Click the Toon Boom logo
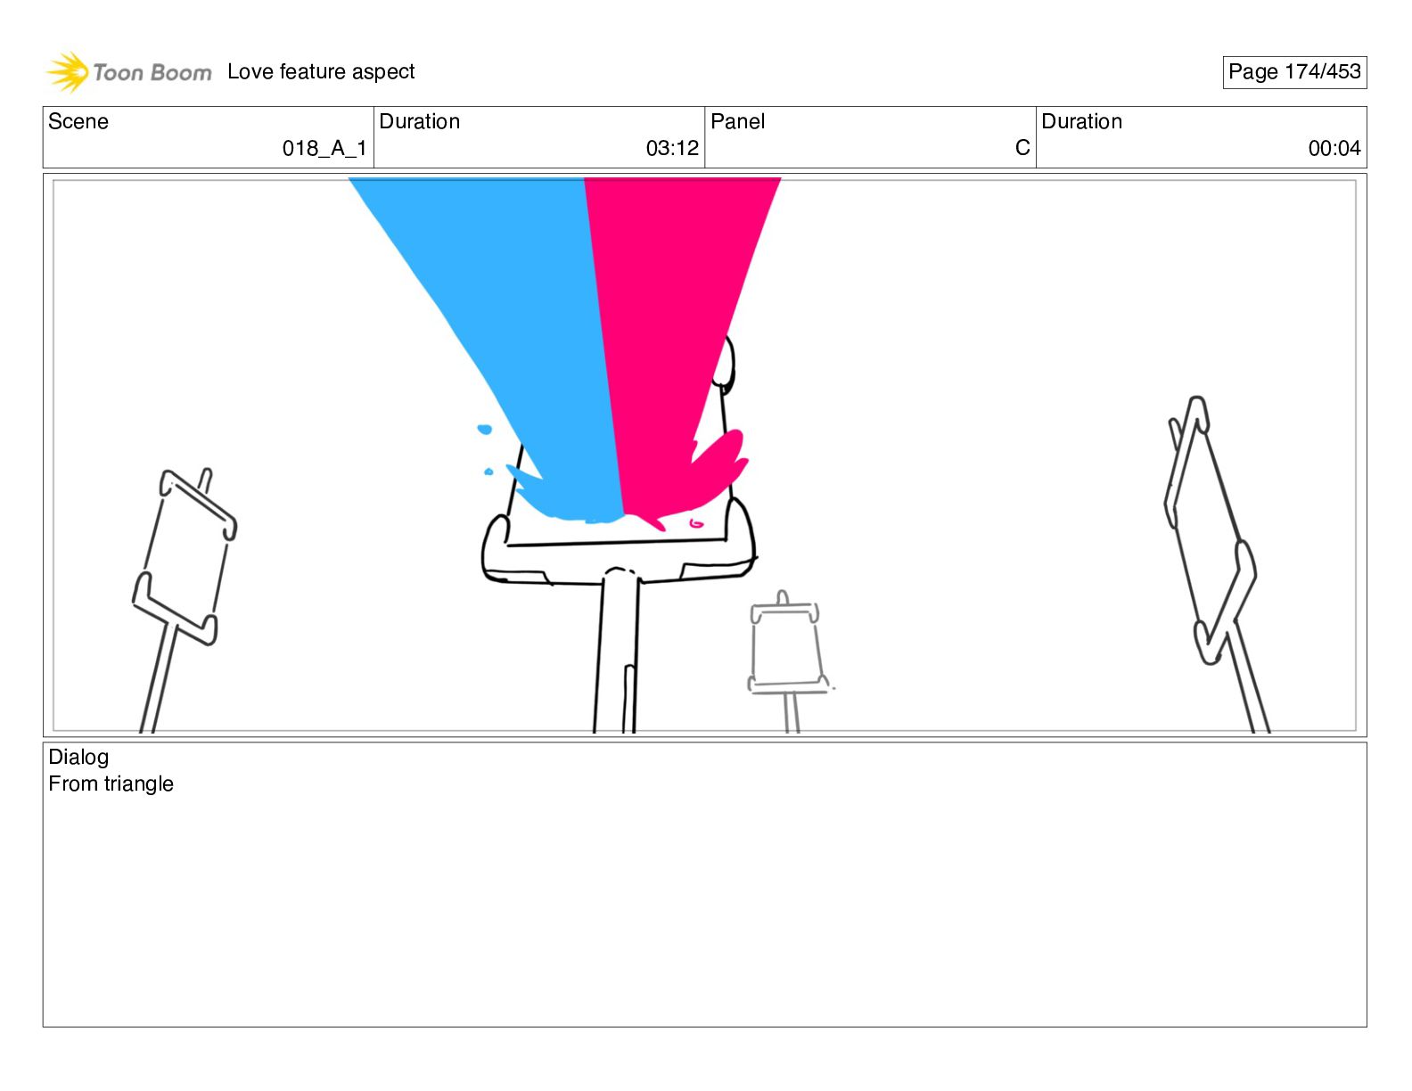click(129, 72)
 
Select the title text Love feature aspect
click(321, 71)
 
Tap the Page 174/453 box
click(1294, 72)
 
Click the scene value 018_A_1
click(324, 149)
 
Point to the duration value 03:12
click(672, 149)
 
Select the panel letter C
click(1022, 148)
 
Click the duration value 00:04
click(1334, 149)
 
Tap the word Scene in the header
click(78, 122)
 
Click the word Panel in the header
click(737, 122)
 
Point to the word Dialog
click(78, 758)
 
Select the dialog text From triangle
click(111, 784)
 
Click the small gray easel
click(785, 646)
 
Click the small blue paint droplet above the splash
click(484, 430)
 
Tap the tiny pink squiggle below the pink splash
click(696, 523)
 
